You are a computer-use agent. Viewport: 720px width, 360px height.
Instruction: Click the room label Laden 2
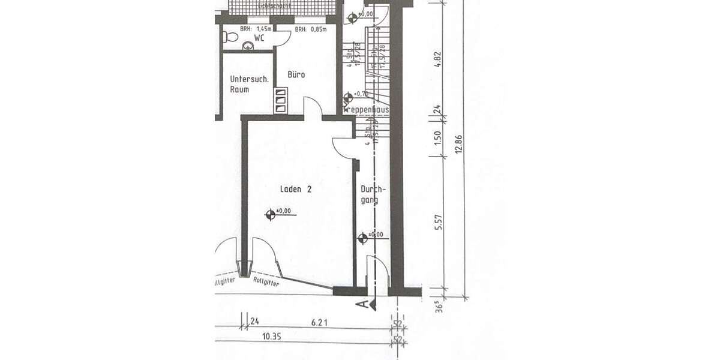(x=296, y=189)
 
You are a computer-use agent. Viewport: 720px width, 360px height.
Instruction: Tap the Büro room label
(x=296, y=75)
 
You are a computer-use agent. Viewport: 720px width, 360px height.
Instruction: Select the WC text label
(x=259, y=38)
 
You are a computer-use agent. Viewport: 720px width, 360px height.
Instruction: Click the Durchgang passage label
(x=373, y=194)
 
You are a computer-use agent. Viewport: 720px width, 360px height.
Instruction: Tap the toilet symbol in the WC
(x=227, y=37)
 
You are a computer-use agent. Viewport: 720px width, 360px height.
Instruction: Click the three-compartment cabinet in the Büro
(x=281, y=101)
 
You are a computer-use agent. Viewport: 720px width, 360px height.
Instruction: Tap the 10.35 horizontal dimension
(x=271, y=337)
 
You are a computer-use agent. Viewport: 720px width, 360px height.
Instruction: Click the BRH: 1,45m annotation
(x=255, y=28)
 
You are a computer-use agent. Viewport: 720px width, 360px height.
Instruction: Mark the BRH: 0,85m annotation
(x=310, y=28)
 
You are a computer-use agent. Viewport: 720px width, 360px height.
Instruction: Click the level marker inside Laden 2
(x=271, y=212)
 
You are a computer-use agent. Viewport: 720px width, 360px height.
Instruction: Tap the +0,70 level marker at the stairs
(x=349, y=96)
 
